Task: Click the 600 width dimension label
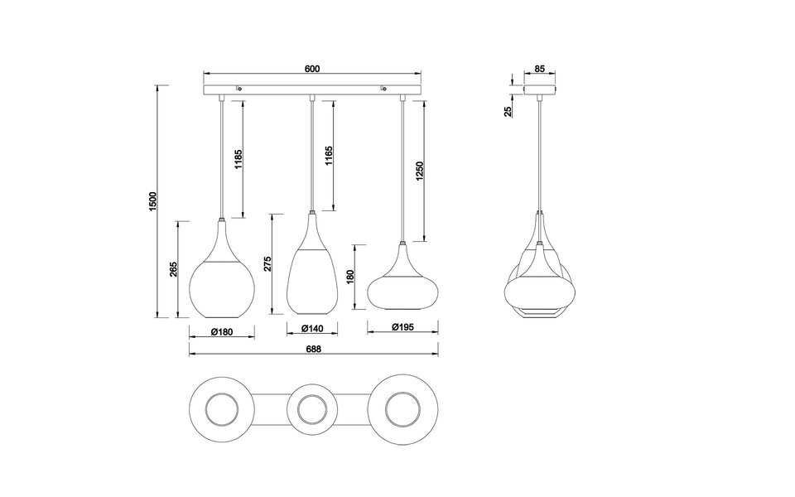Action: [312, 70]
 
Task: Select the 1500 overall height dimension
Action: [152, 201]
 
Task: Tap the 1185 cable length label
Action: [237, 159]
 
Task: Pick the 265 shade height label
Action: [174, 270]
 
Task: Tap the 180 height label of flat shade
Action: [350, 277]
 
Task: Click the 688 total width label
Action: [312, 350]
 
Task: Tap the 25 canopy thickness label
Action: [508, 109]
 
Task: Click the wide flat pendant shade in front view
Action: [403, 286]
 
